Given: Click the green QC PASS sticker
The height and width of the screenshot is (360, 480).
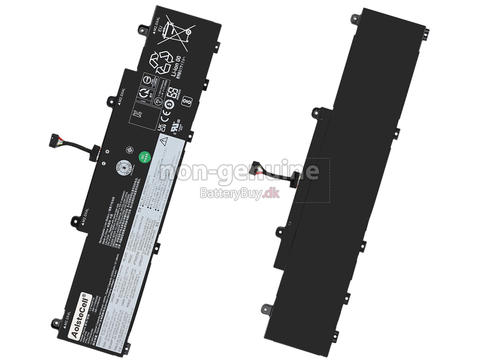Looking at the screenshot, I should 144,157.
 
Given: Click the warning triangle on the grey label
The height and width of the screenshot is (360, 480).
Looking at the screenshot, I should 164,140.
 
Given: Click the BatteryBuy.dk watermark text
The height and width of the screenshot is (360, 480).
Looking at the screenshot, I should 240,194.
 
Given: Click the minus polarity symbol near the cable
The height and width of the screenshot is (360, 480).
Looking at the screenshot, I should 103,163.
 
